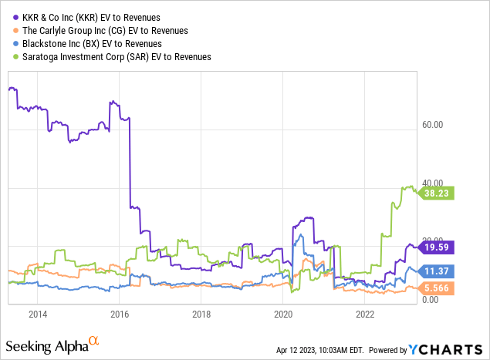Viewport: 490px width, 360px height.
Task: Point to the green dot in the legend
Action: pos(11,57)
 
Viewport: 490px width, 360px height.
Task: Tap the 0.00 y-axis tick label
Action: pos(433,299)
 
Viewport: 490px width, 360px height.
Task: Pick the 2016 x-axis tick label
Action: pos(120,314)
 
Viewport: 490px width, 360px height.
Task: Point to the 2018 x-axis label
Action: pos(201,314)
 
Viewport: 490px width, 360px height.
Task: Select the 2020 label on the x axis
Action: pos(283,314)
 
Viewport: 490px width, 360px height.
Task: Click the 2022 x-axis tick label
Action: pos(365,314)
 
